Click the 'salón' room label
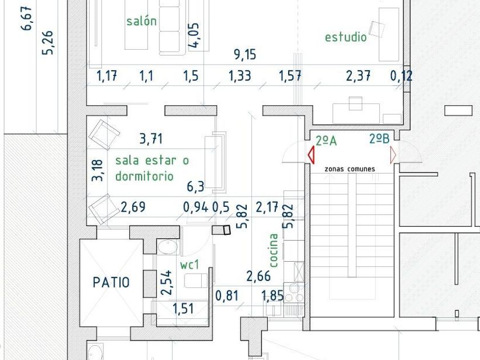[142, 21]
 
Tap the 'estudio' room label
[346, 37]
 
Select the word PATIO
[111, 282]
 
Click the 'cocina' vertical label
[273, 250]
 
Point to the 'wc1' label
[190, 265]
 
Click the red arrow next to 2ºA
[311, 155]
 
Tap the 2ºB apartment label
[379, 139]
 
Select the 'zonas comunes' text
[350, 169]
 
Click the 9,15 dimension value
[245, 54]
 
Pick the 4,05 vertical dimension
[194, 35]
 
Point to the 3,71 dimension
[151, 139]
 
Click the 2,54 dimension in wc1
[166, 282]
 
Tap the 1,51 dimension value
[183, 309]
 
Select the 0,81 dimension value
[227, 296]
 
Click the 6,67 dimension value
[26, 18]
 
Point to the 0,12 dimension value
[401, 75]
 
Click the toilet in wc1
[196, 281]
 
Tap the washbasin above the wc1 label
[167, 247]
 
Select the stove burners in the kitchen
[294, 293]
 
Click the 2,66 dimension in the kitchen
[259, 276]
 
